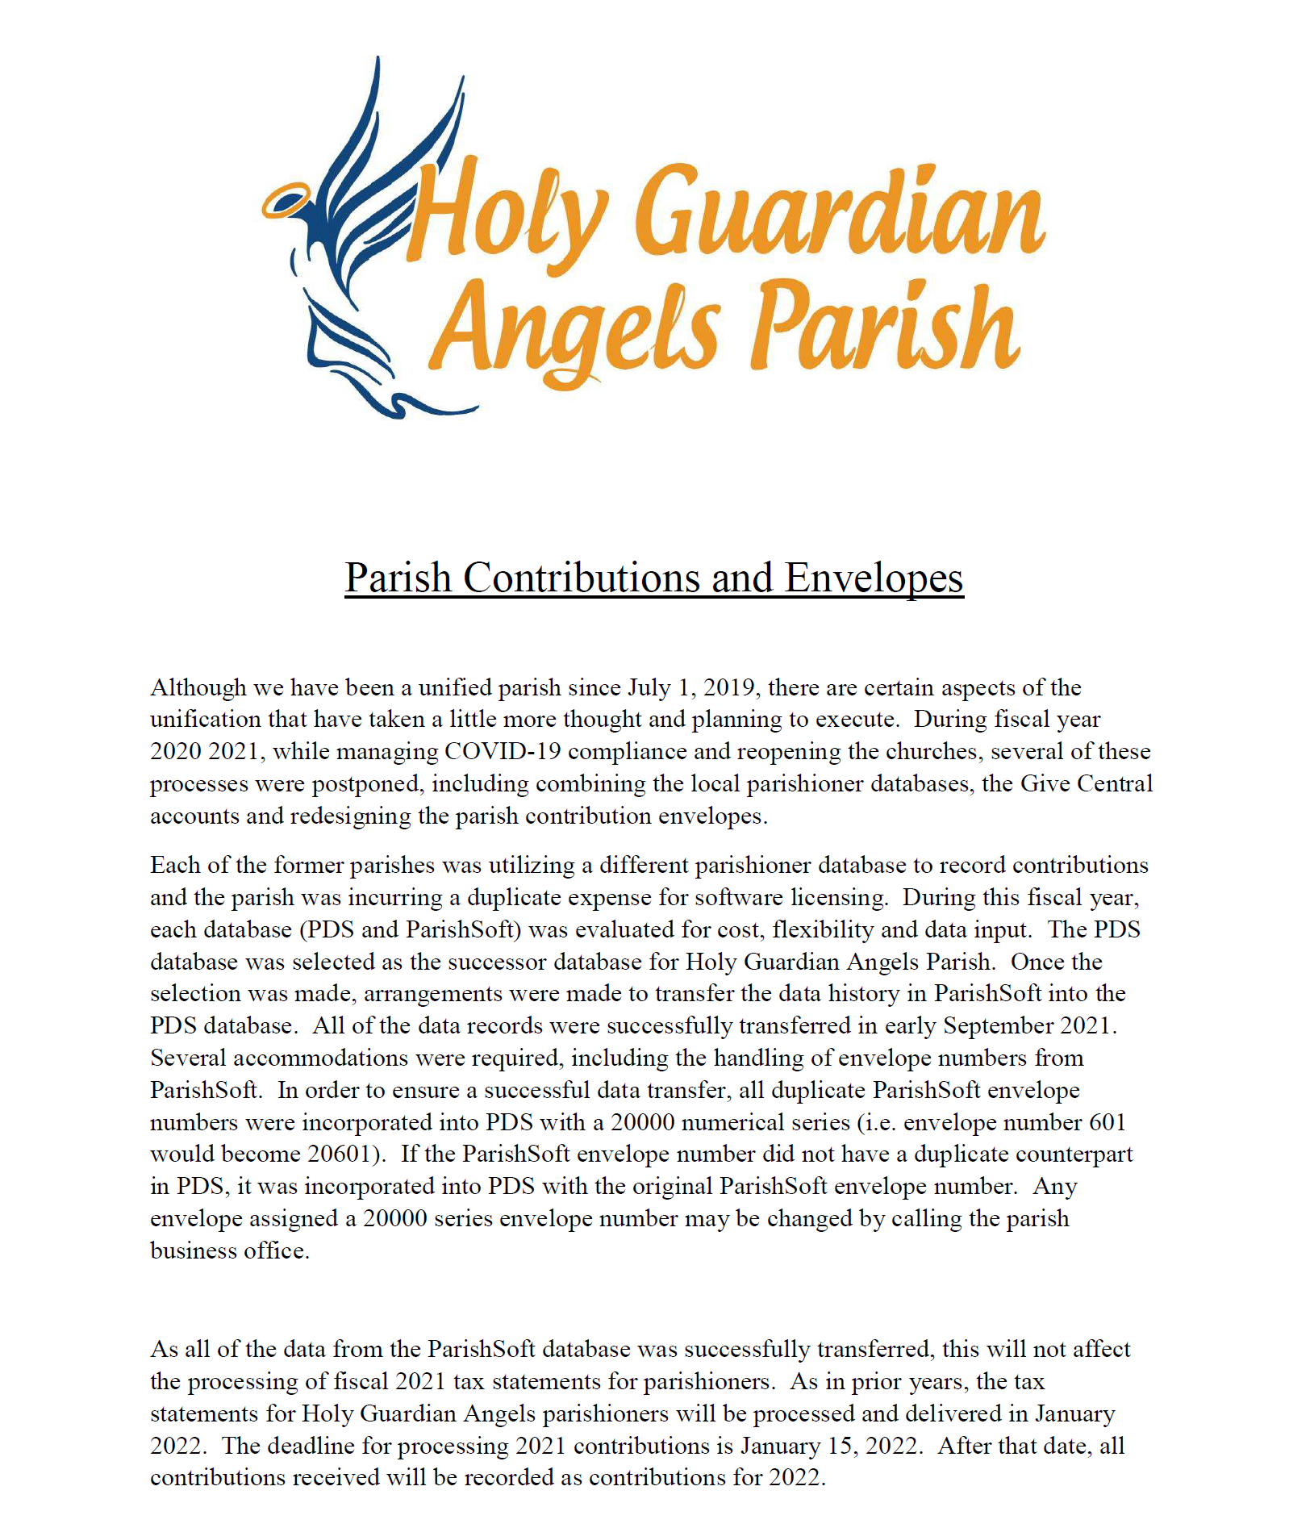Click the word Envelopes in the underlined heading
click(874, 578)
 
